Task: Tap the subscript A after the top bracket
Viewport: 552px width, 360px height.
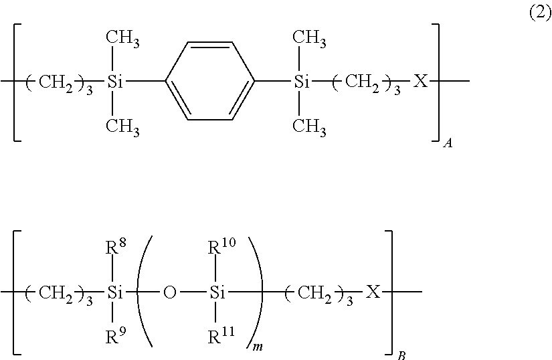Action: (x=446, y=143)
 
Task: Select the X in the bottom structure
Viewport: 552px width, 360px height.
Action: (x=373, y=292)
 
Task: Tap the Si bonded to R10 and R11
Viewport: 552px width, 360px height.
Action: (x=214, y=292)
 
